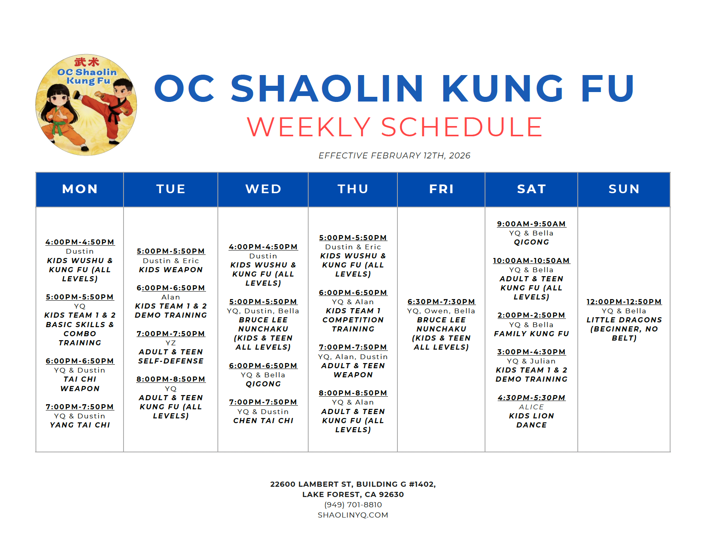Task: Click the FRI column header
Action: coord(441,189)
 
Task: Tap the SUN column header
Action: coord(624,189)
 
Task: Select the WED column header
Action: coord(263,189)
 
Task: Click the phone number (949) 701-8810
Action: coord(353,505)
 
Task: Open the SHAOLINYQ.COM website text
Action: coord(353,515)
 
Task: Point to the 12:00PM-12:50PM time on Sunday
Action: coord(624,302)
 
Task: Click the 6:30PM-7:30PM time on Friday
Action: coord(441,302)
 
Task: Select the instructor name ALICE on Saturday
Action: coord(531,407)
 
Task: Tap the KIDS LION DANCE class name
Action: coord(531,420)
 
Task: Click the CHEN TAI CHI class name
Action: coord(263,421)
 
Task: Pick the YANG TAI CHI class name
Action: coord(80,425)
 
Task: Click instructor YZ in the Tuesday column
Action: coord(170,343)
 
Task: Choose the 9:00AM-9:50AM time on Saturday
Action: coord(531,224)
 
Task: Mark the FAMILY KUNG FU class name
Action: coord(531,334)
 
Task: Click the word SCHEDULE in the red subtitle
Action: coord(462,127)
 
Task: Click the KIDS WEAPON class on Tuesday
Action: coord(170,270)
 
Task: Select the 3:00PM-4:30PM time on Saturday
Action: coord(531,352)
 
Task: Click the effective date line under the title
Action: coord(394,156)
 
